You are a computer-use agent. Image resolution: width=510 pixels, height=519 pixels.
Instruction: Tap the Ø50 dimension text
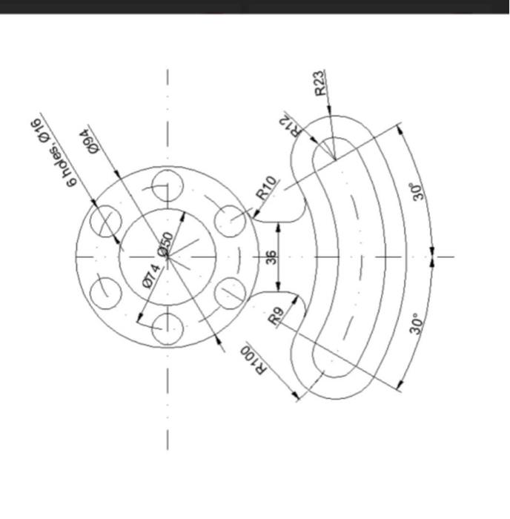168,242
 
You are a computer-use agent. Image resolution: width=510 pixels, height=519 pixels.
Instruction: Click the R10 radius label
268,188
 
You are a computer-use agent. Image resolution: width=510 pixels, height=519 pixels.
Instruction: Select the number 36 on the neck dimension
271,257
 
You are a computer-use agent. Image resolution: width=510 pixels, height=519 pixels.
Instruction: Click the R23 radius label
319,82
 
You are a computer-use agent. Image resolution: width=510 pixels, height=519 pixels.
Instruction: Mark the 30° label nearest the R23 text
418,192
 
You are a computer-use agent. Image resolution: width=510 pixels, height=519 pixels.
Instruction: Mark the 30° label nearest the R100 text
418,324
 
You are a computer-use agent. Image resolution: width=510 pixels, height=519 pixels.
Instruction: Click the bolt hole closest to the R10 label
231,220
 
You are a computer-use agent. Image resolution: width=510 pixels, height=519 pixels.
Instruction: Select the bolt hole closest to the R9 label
231,294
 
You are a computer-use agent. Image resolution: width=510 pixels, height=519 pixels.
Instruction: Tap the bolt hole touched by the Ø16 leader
105,220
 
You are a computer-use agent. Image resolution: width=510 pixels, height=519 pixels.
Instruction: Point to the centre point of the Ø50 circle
168,257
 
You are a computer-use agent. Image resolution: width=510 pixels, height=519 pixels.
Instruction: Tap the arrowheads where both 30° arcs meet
431,257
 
